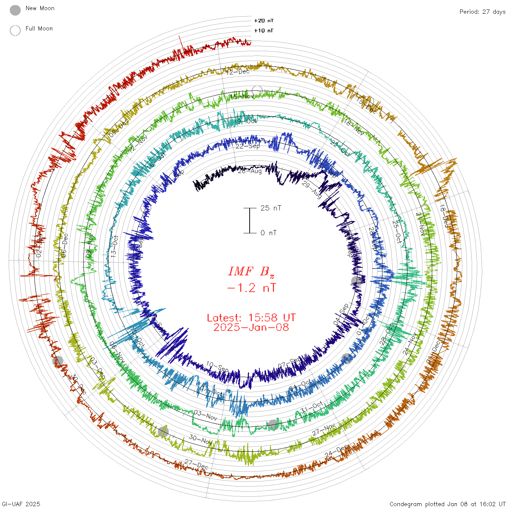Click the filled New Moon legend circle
click(15, 10)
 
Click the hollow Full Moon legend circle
click(15, 30)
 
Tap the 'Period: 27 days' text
click(482, 12)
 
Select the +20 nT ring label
click(264, 21)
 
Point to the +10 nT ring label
click(264, 30)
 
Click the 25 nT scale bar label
click(271, 208)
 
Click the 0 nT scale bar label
click(269, 233)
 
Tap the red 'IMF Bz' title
click(251, 271)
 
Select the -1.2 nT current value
click(251, 288)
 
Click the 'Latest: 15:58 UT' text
click(251, 318)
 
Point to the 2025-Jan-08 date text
click(251, 327)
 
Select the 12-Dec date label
click(238, 72)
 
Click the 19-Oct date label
click(246, 121)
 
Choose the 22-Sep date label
click(248, 146)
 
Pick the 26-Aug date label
click(250, 171)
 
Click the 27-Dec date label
click(196, 464)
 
